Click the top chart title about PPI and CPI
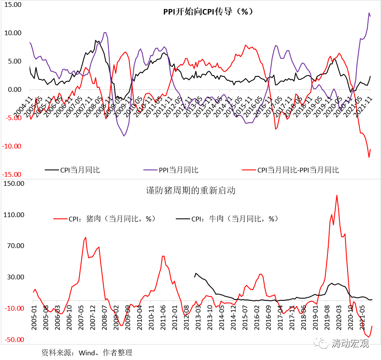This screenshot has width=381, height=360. coord(208,12)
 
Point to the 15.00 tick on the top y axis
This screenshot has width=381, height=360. coord(13,5)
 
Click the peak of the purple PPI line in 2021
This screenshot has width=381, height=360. coord(369,13)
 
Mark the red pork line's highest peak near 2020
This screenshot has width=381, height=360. coord(337,195)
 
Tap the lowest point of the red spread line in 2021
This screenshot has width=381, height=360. coord(369,157)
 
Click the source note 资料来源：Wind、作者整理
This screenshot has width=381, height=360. coord(87,353)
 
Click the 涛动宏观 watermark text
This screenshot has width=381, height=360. coord(350,343)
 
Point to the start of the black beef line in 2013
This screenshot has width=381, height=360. coord(195,277)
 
